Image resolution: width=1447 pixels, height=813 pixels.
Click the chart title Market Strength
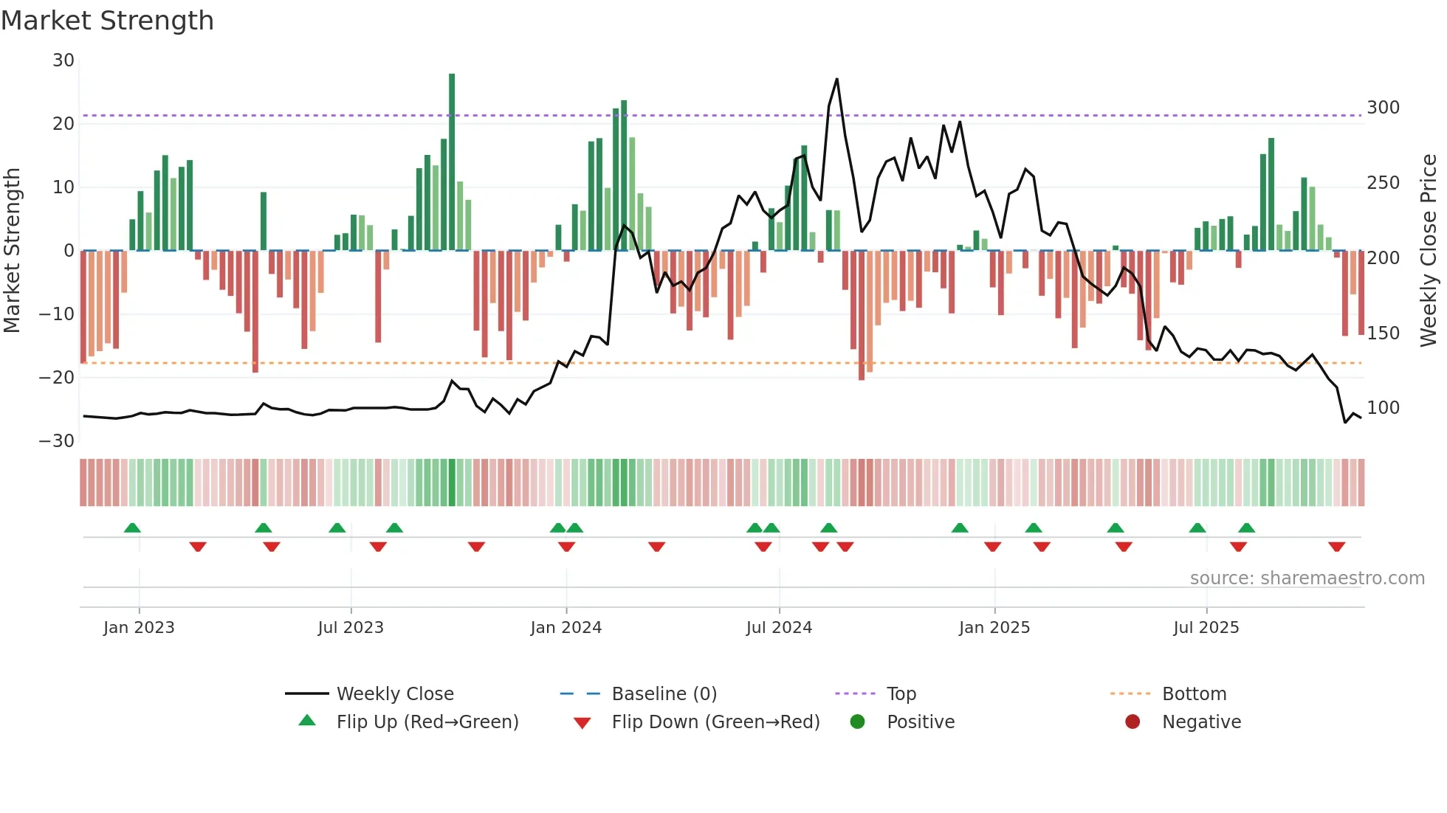coord(107,21)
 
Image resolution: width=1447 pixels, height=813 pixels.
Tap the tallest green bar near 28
coord(452,162)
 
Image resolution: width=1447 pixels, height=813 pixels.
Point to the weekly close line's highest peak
coord(836,79)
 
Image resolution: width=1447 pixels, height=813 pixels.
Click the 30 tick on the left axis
coord(63,60)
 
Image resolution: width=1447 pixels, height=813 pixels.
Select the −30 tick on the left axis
coord(57,441)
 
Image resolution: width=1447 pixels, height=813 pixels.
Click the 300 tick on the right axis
coord(1383,108)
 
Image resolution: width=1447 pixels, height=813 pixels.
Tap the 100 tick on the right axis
coord(1383,408)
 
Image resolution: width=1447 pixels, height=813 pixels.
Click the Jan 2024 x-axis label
coord(566,628)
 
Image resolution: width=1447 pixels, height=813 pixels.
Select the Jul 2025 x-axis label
coord(1206,628)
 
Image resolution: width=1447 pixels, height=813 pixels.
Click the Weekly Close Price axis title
coord(1429,251)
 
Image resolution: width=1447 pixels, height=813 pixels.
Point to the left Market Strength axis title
coord(12,251)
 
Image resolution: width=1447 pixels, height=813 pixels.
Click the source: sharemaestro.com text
coord(1307,578)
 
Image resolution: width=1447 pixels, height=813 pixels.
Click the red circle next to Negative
coord(1132,722)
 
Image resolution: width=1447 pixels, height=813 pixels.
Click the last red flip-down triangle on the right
coord(1336,547)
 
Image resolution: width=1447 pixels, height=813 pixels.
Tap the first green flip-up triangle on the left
coord(132,527)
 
